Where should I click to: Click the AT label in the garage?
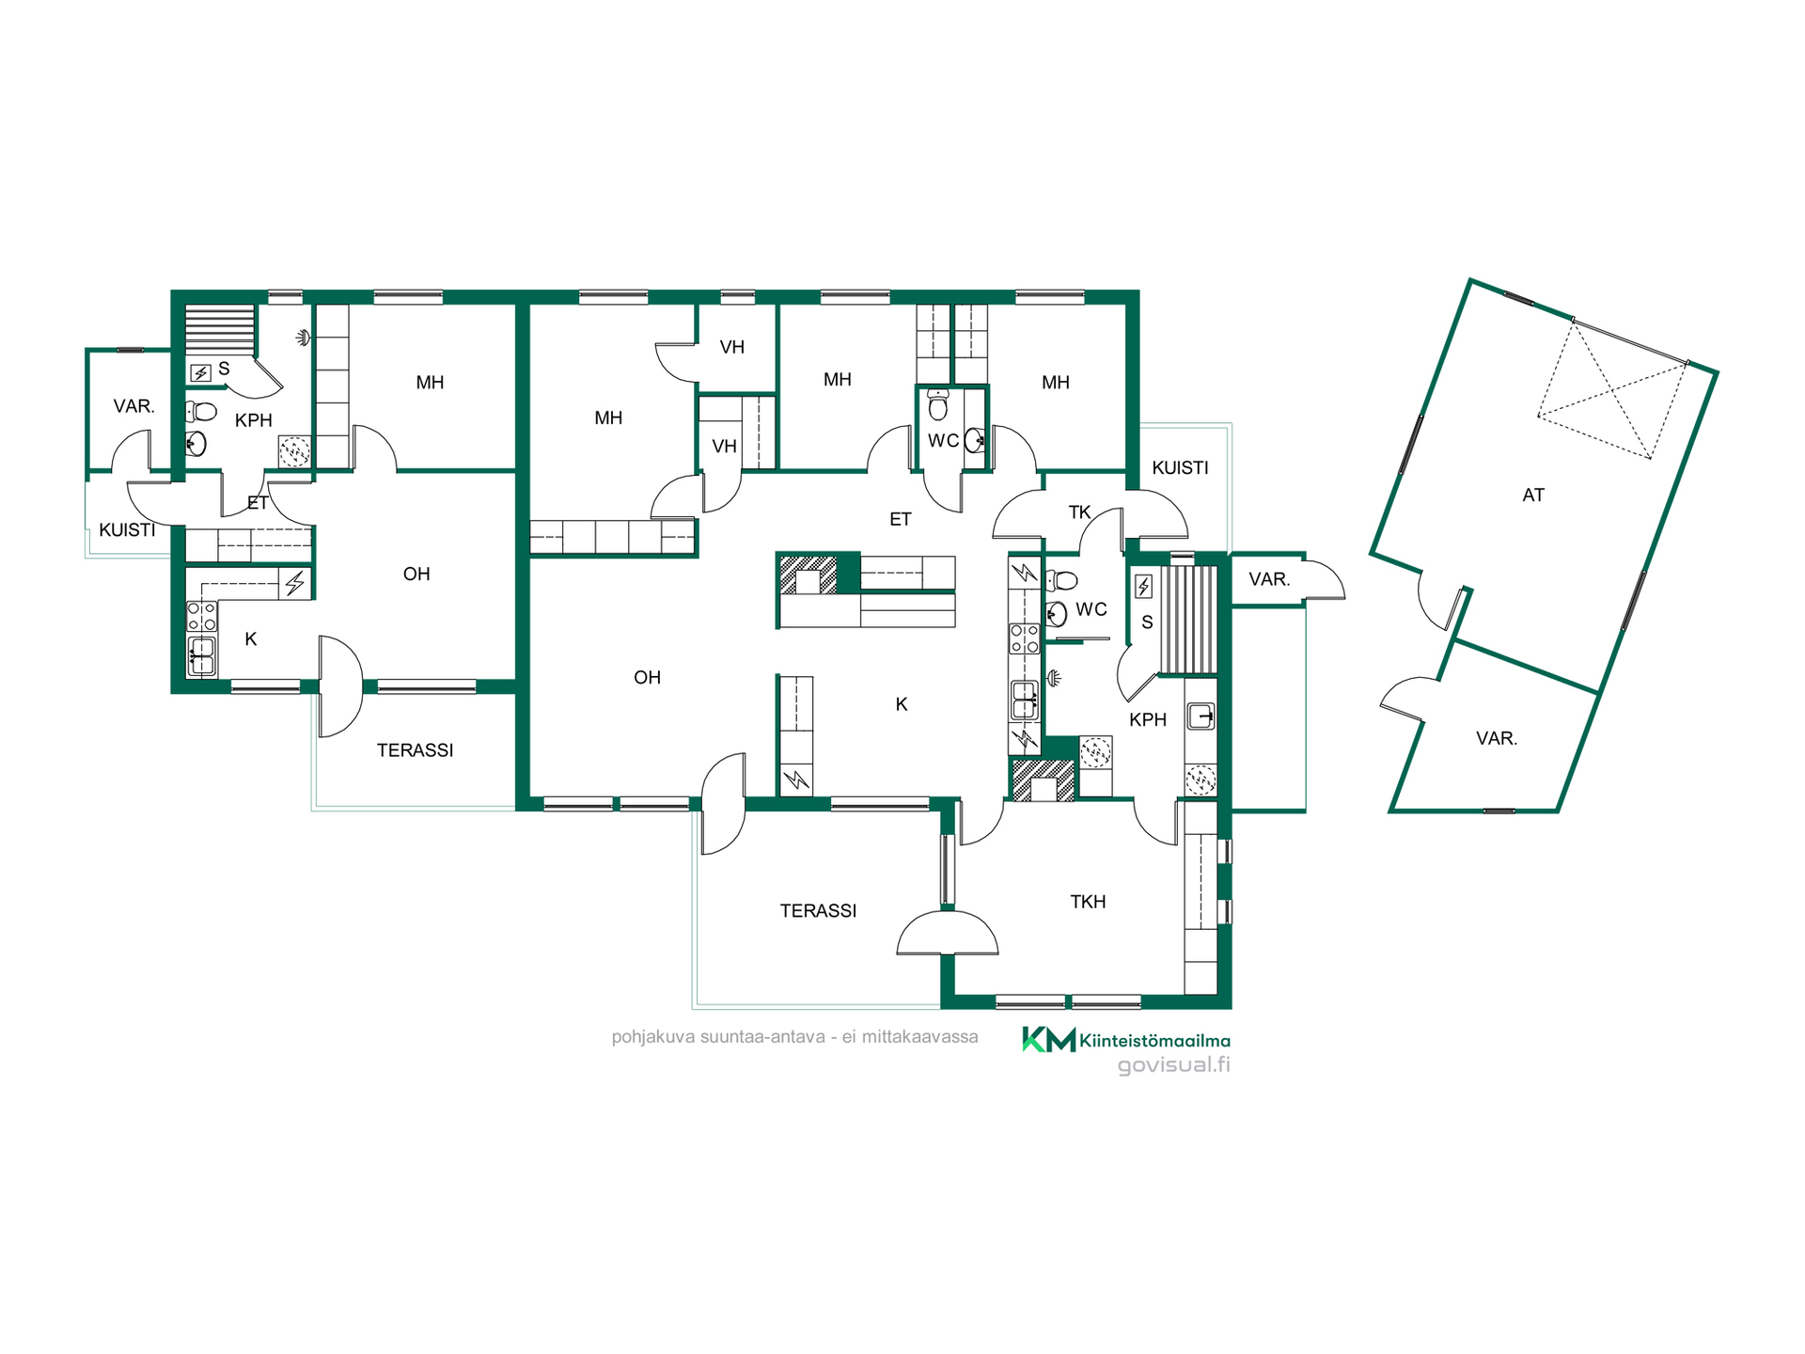click(1533, 495)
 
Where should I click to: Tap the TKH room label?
click(1088, 902)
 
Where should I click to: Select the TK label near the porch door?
click(1079, 512)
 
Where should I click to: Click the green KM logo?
click(1049, 1039)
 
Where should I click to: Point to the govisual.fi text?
click(1173, 1065)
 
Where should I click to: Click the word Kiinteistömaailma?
click(1155, 1040)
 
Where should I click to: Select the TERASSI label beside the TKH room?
click(818, 910)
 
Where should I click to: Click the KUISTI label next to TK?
click(1180, 467)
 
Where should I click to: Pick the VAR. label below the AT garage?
click(1497, 738)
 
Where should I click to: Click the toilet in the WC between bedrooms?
click(937, 404)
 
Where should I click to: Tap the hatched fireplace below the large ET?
click(808, 575)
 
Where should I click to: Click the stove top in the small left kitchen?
click(202, 617)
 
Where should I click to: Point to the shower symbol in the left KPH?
click(303, 337)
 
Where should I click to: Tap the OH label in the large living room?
click(647, 677)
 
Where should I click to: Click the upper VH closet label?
click(731, 347)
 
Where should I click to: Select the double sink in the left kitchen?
click(201, 655)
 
